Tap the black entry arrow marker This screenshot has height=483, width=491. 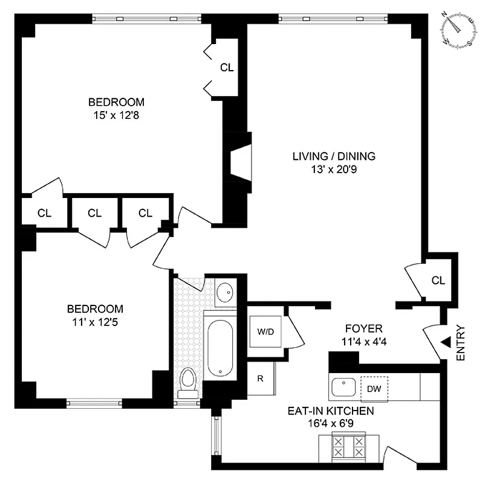[x=445, y=342]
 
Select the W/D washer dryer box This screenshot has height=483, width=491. [x=264, y=330]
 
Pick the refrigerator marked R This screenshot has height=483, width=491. [x=260, y=379]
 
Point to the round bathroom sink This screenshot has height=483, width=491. [x=224, y=293]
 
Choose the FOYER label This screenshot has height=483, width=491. [x=363, y=329]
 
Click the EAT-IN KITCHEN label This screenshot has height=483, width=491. [x=331, y=411]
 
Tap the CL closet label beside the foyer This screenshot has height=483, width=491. [x=438, y=280]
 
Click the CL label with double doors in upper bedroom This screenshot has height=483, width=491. [x=226, y=68]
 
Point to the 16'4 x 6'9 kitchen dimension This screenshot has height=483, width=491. [x=331, y=423]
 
